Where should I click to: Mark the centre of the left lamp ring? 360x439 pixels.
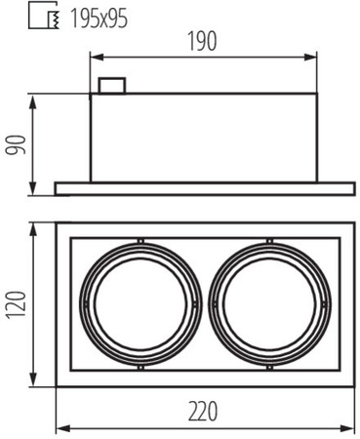tap(141, 304)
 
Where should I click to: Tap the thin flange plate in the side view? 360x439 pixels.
tap(203, 187)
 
